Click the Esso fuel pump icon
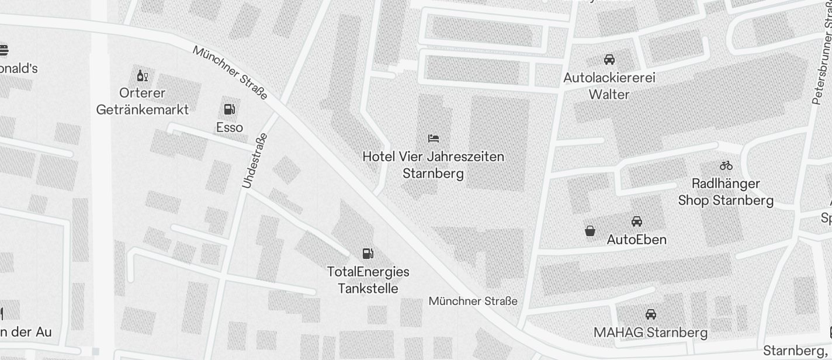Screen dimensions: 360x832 [x=229, y=109]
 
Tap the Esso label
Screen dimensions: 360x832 [x=230, y=127]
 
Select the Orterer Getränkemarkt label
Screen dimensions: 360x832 [x=143, y=101]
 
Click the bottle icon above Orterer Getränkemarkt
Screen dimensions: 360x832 [x=142, y=75]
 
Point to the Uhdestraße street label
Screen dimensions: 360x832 [x=255, y=161]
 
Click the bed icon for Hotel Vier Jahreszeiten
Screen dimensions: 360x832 [x=434, y=139]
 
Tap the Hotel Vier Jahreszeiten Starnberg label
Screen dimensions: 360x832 [x=433, y=165]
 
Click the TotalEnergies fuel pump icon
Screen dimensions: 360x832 [x=368, y=254]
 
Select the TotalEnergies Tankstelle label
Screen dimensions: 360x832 [x=368, y=280]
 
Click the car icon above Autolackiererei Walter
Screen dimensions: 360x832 [x=609, y=60]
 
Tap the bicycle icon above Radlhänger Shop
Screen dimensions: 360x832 [x=726, y=165]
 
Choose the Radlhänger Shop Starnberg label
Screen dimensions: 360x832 [x=726, y=192]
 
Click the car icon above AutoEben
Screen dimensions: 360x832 [x=637, y=221]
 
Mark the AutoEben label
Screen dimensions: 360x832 [x=637, y=240]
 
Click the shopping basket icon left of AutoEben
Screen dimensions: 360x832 [x=590, y=231]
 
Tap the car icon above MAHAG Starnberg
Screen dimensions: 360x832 [x=651, y=314]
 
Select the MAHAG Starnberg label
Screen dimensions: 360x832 [x=650, y=333]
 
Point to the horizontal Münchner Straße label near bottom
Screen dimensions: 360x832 [x=473, y=301]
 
